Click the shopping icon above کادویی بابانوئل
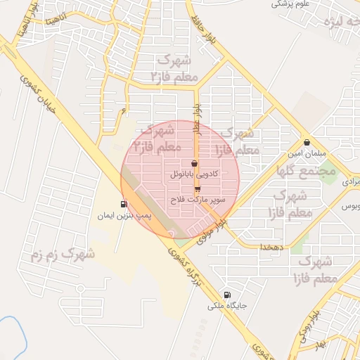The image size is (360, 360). (x=195, y=163)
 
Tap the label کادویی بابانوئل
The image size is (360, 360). (x=195, y=173)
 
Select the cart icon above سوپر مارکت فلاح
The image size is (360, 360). (x=198, y=189)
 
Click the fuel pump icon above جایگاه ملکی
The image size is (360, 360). (x=226, y=295)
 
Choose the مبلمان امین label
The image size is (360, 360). (x=304, y=153)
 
